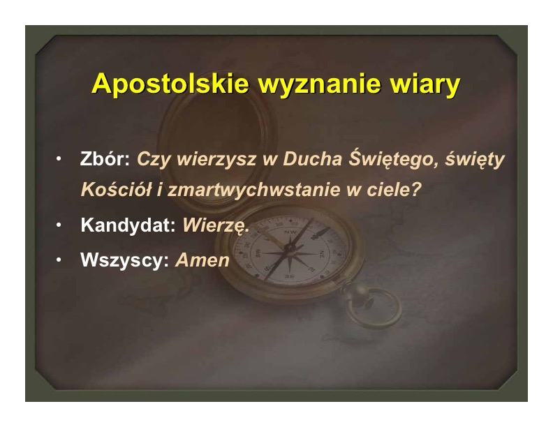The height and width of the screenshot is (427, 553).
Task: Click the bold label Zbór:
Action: tap(105, 158)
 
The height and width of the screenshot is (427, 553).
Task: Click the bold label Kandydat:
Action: tap(128, 225)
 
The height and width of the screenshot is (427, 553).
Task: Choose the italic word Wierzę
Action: tap(216, 225)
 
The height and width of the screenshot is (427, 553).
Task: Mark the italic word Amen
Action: tap(202, 260)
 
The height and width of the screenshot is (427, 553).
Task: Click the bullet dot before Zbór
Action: tap(59, 159)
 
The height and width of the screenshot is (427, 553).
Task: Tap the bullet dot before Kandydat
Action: tap(59, 225)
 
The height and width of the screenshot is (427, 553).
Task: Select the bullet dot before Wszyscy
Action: tap(59, 260)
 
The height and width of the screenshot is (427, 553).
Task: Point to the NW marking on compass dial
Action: tap(290, 232)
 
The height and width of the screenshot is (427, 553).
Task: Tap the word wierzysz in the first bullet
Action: tap(216, 160)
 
